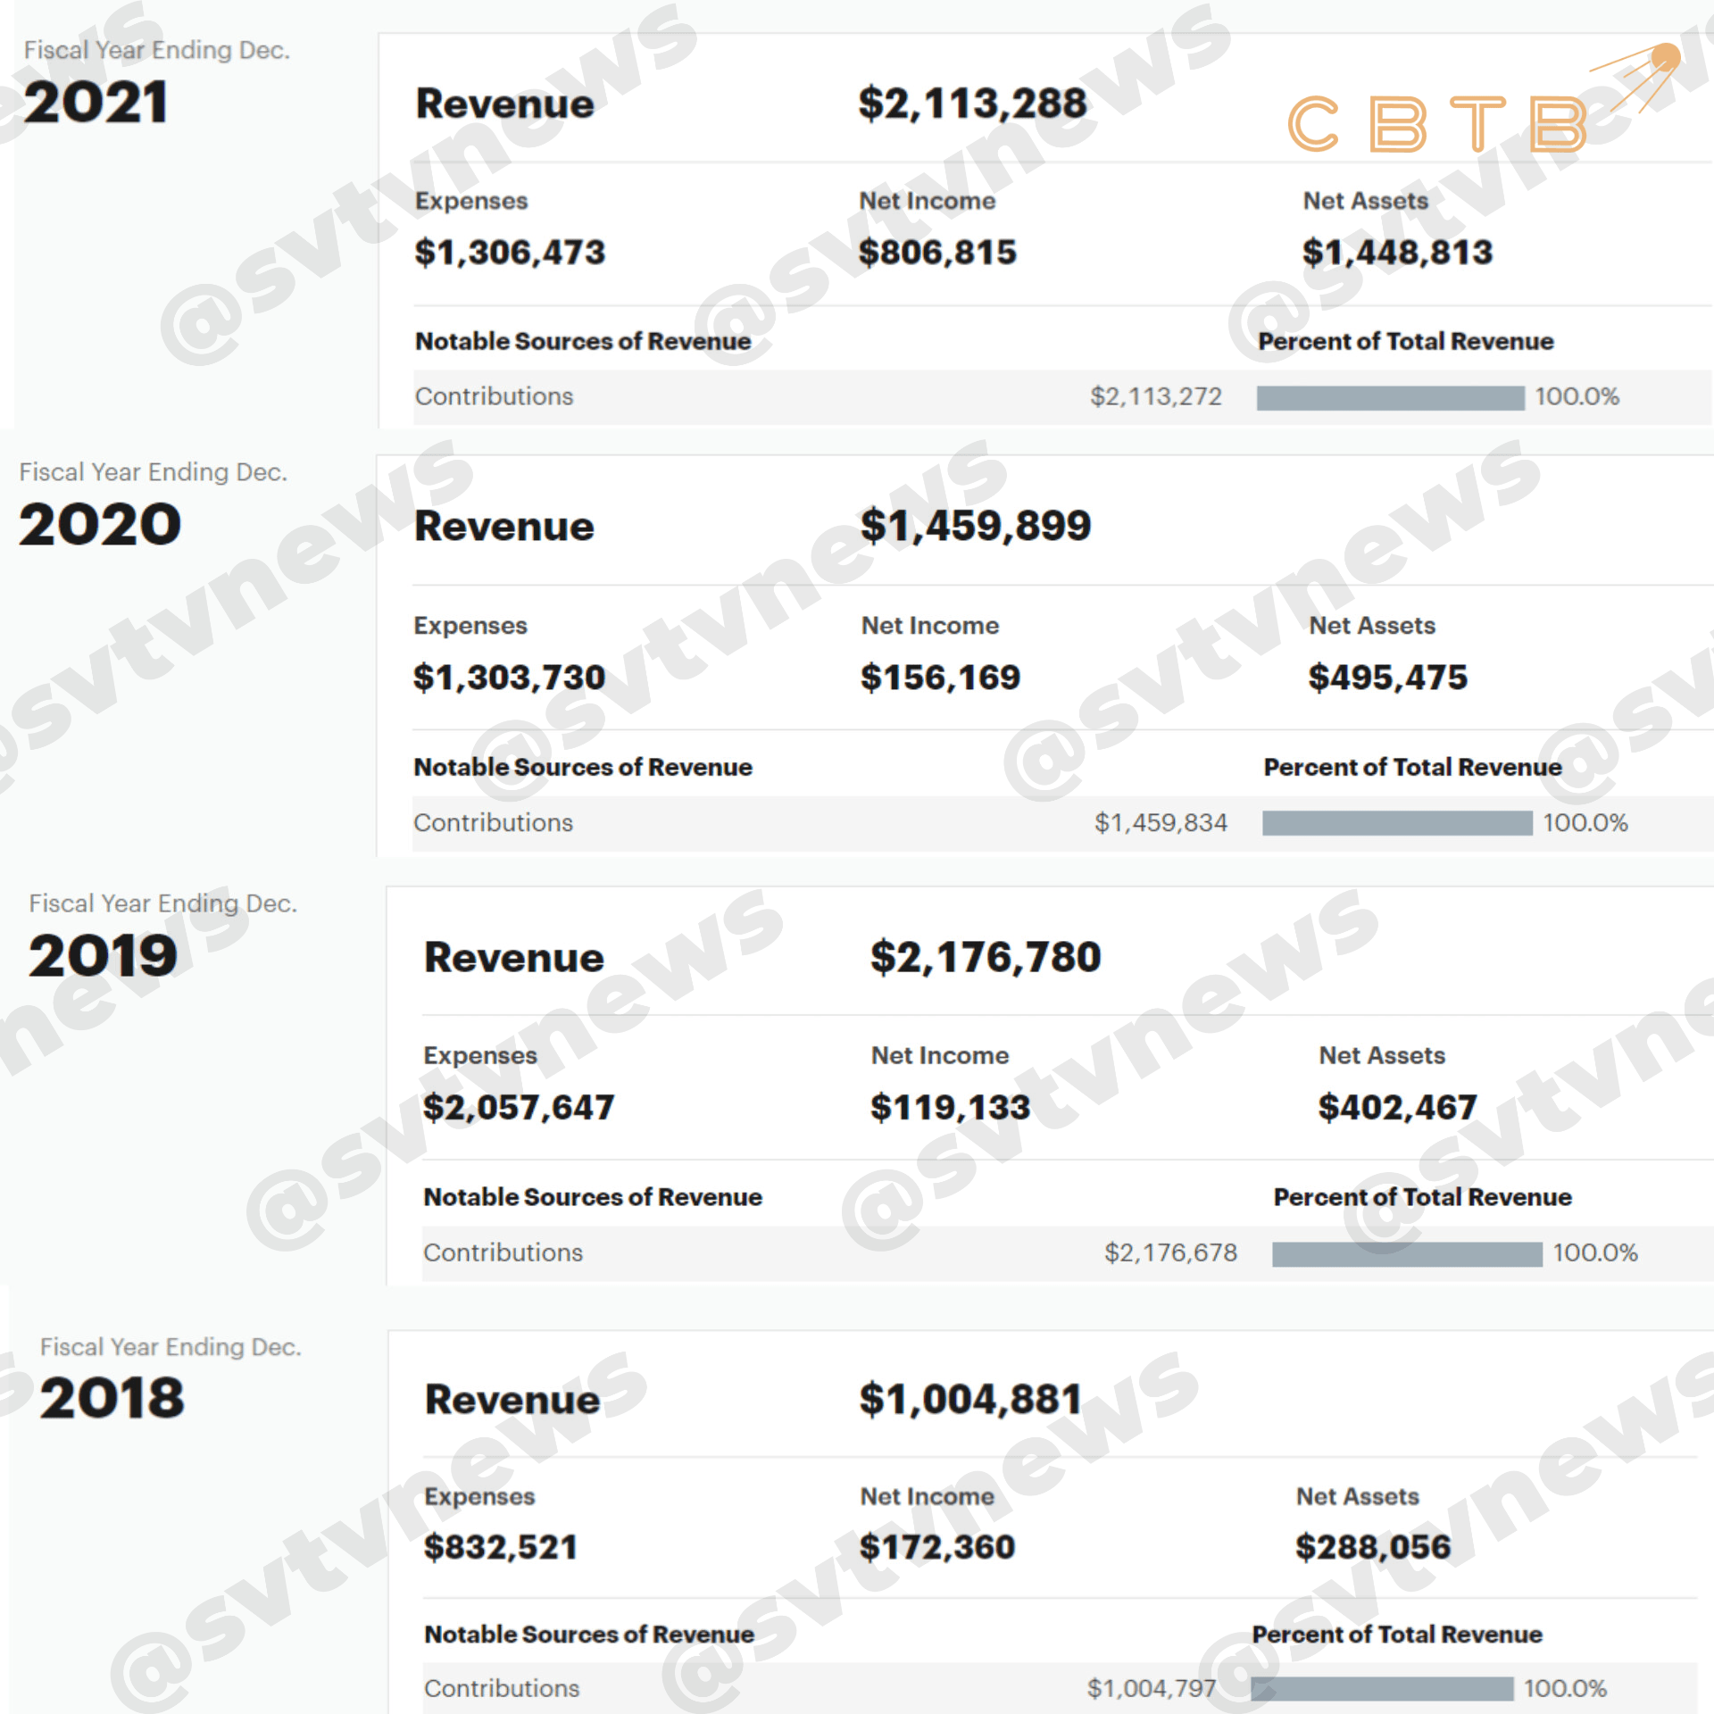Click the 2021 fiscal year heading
(96, 103)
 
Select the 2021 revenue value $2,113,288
(972, 104)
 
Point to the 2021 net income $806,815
(937, 253)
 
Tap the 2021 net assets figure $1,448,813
(1397, 253)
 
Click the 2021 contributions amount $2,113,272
(1155, 396)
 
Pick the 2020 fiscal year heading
(100, 524)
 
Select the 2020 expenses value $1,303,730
(509, 678)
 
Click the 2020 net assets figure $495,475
(1387, 678)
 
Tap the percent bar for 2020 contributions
(1397, 823)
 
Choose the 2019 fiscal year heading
(104, 956)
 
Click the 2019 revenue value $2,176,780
(986, 957)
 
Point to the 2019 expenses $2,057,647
(519, 1108)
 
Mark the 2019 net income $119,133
(950, 1108)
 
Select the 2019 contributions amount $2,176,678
(1170, 1252)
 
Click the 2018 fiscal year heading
(112, 1398)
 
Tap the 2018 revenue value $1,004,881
(970, 1399)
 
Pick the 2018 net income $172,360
(937, 1547)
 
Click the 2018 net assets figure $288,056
(1373, 1547)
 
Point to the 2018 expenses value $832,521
(501, 1547)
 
